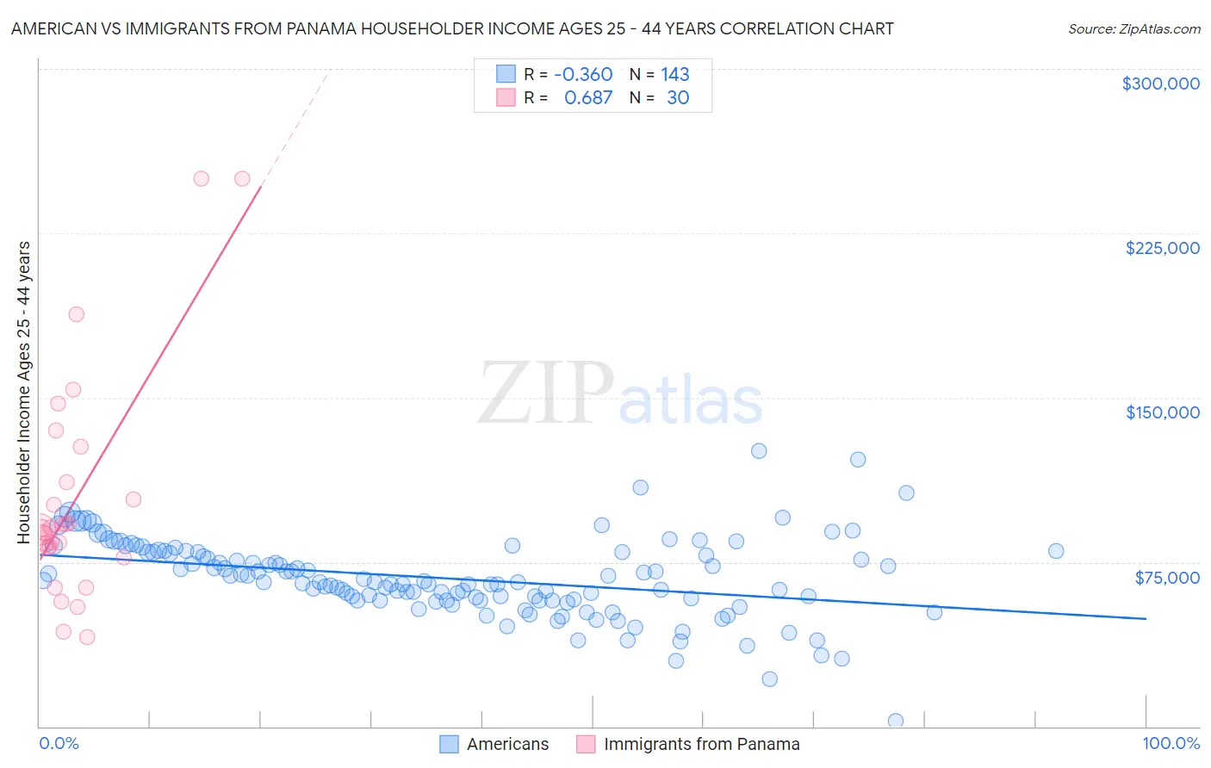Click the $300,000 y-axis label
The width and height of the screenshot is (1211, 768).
click(x=1160, y=84)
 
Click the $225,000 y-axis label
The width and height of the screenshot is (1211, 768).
click(x=1162, y=248)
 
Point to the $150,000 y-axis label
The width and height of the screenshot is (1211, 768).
click(x=1162, y=412)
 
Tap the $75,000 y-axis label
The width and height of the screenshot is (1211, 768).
click(x=1166, y=578)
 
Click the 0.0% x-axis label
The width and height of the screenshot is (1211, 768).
click(x=59, y=743)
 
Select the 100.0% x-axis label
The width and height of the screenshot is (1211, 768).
click(x=1171, y=743)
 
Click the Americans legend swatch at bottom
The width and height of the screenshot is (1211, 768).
click(x=449, y=744)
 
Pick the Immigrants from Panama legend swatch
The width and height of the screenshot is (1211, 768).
click(x=586, y=744)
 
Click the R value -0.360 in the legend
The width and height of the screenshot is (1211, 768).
click(x=583, y=74)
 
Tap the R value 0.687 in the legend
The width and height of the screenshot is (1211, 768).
click(x=587, y=97)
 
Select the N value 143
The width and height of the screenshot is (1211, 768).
click(x=675, y=74)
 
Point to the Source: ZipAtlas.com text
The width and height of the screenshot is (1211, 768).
click(x=1133, y=28)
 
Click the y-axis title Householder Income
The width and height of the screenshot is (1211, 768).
click(x=23, y=393)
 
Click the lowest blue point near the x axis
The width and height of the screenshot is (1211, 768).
click(x=896, y=721)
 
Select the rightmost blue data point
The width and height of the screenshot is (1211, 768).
click(x=1056, y=551)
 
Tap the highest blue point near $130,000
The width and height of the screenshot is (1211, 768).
click(x=759, y=450)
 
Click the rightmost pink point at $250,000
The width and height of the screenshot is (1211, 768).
click(x=242, y=178)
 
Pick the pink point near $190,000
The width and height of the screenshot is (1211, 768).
click(x=76, y=314)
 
